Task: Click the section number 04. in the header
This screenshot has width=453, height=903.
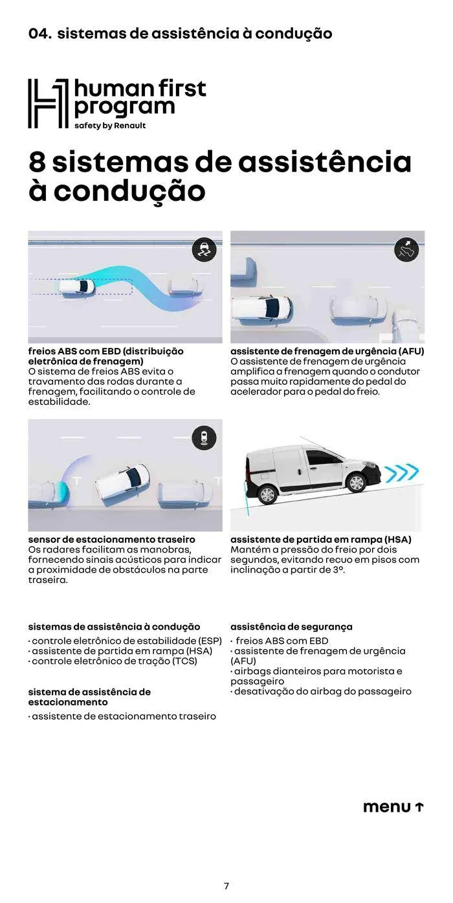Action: pyautogui.click(x=39, y=34)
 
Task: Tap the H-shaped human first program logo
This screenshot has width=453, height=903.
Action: pyautogui.click(x=48, y=103)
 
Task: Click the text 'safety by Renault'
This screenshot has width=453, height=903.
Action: pyautogui.click(x=110, y=126)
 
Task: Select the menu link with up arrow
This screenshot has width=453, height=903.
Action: pyautogui.click(x=393, y=806)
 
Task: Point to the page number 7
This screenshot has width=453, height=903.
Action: pyautogui.click(x=226, y=886)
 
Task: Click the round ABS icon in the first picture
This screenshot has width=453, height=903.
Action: pyautogui.click(x=204, y=250)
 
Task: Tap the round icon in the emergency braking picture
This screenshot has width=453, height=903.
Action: pyautogui.click(x=406, y=250)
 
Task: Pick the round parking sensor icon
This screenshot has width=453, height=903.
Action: pyautogui.click(x=204, y=438)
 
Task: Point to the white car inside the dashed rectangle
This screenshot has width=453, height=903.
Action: pyautogui.click(x=76, y=287)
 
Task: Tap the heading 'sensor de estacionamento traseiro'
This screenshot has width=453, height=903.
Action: pyautogui.click(x=111, y=539)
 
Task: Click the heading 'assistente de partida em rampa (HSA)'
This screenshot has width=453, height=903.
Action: pyautogui.click(x=320, y=539)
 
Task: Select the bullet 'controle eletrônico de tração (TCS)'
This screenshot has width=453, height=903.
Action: pyautogui.click(x=113, y=661)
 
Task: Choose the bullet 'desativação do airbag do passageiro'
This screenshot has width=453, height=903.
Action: pyautogui.click(x=322, y=691)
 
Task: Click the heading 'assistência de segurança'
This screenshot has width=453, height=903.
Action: pyautogui.click(x=291, y=626)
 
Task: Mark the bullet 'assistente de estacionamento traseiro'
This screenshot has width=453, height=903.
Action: pyautogui.click(x=123, y=716)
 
